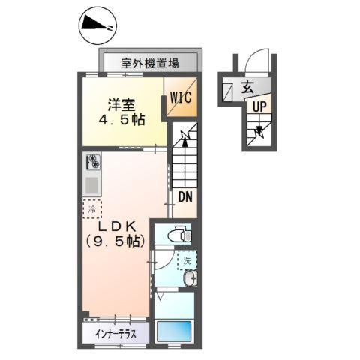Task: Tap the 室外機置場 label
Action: click(x=150, y=63)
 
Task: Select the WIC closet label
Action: click(x=181, y=97)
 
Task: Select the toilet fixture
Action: click(x=176, y=235)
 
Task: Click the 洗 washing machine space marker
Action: click(x=184, y=261)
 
